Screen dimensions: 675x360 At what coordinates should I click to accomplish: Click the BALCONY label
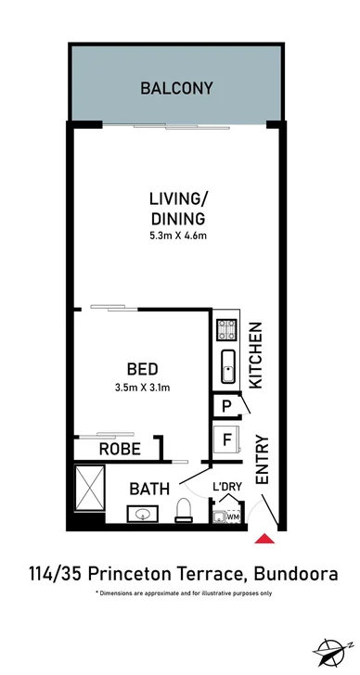(x=176, y=89)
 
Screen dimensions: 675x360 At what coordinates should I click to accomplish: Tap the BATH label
(x=148, y=488)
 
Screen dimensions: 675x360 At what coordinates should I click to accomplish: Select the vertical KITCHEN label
(x=259, y=355)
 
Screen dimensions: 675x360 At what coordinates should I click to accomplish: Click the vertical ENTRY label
(x=261, y=459)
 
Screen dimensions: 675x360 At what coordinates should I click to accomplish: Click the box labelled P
(x=226, y=406)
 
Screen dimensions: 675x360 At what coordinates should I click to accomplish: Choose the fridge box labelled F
(x=226, y=439)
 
